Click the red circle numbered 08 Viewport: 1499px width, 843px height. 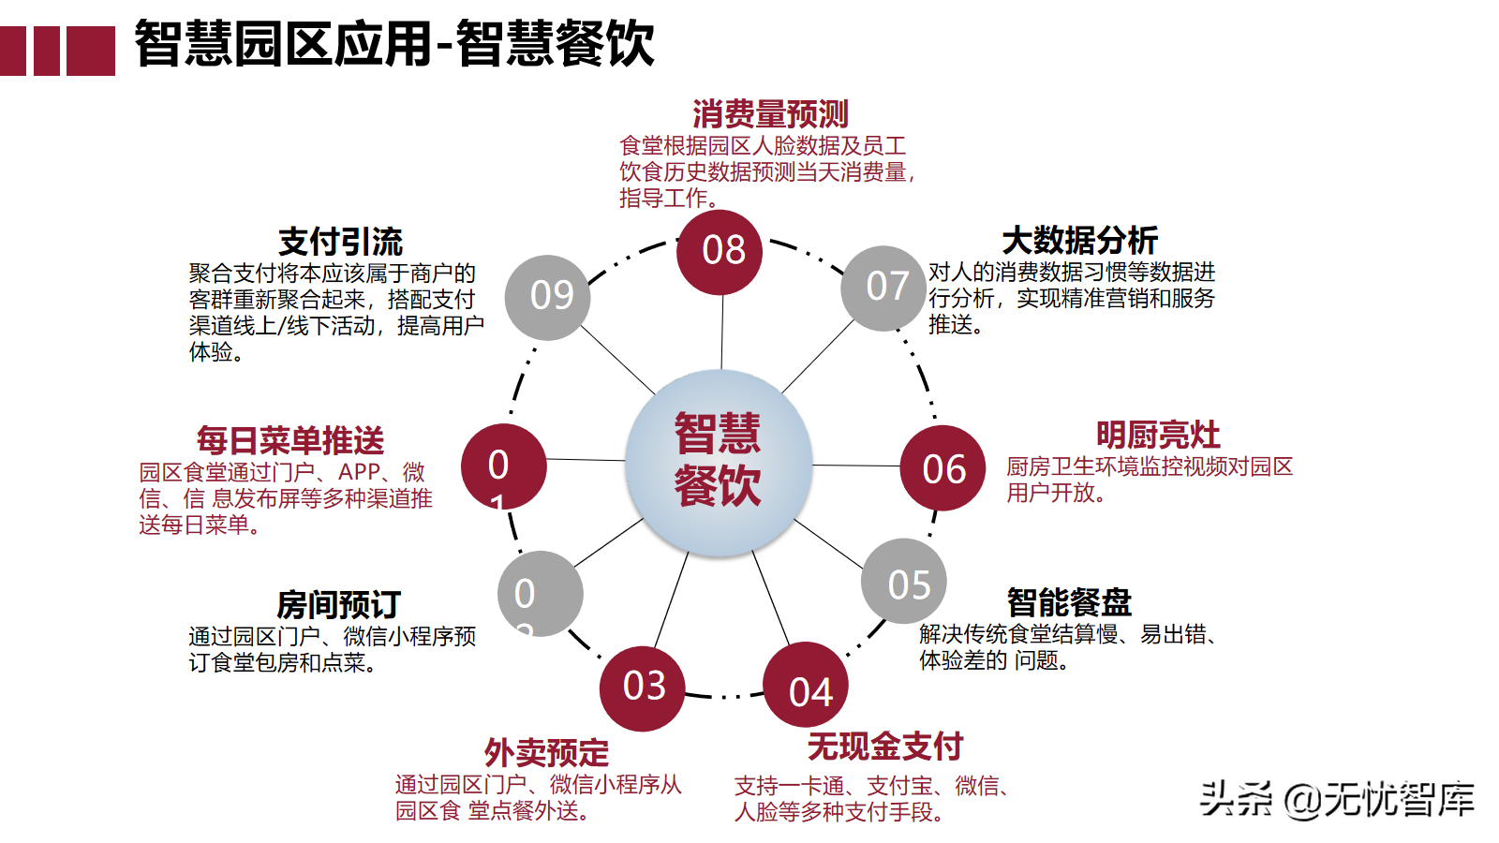pyautogui.click(x=720, y=252)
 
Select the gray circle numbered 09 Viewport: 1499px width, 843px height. pyautogui.click(x=547, y=297)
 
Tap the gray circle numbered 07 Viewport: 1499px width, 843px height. pyautogui.click(x=883, y=288)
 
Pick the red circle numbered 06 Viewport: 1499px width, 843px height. pyautogui.click(x=942, y=468)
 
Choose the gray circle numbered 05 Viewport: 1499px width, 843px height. pyautogui.click(x=904, y=582)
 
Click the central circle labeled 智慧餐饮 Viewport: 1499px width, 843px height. pyautogui.click(x=719, y=462)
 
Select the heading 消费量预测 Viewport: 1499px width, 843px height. pyautogui.click(x=770, y=114)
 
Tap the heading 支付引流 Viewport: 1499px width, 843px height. pyautogui.click(x=340, y=242)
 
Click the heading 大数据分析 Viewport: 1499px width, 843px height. pyautogui.click(x=1079, y=241)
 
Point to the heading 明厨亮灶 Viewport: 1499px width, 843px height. pyautogui.click(x=1158, y=436)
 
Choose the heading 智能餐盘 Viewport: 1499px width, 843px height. pyautogui.click(x=1069, y=602)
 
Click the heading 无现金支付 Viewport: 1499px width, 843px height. pyautogui.click(x=885, y=747)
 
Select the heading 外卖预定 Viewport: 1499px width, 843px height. pyautogui.click(x=546, y=752)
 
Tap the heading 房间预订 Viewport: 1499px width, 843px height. pyautogui.click(x=338, y=605)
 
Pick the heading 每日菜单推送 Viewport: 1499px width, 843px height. pyautogui.click(x=290, y=440)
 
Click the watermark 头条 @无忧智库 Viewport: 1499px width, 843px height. pyautogui.click(x=1337, y=799)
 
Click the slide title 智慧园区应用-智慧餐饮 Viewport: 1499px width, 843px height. pyautogui.click(x=394, y=44)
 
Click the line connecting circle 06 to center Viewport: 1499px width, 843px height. pyautogui.click(x=855, y=466)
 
